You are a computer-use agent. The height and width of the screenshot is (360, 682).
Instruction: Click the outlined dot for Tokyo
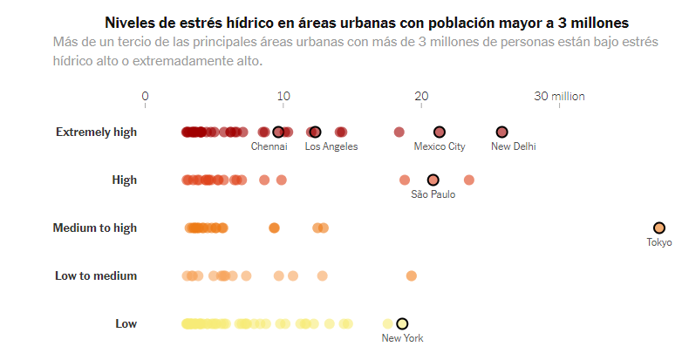[658, 228]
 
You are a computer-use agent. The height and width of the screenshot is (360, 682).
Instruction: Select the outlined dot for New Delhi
[501, 132]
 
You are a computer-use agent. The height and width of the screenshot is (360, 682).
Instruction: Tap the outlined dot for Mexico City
[440, 132]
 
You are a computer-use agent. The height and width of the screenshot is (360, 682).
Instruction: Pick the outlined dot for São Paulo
[433, 180]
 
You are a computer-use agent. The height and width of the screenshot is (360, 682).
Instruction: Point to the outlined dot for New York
[402, 323]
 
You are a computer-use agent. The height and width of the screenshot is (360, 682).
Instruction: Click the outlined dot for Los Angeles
[315, 132]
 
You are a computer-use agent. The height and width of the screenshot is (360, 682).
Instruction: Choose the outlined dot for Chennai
[278, 132]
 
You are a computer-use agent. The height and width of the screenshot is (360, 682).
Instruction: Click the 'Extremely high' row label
[96, 132]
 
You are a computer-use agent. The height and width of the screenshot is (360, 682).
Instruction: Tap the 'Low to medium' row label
[96, 275]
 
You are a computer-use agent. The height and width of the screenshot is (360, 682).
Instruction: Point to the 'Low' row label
[126, 323]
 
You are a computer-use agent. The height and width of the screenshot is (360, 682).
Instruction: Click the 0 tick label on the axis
[145, 96]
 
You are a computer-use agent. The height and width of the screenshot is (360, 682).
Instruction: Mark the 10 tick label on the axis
[283, 96]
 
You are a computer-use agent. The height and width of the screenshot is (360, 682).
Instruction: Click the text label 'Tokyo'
[658, 242]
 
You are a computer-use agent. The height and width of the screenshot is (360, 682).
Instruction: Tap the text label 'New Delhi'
[513, 146]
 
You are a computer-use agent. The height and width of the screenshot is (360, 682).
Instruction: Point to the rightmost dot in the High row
[469, 180]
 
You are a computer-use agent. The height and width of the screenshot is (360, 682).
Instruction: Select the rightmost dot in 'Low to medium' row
[411, 275]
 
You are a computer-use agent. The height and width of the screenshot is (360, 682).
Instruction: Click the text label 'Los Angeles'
[331, 146]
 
